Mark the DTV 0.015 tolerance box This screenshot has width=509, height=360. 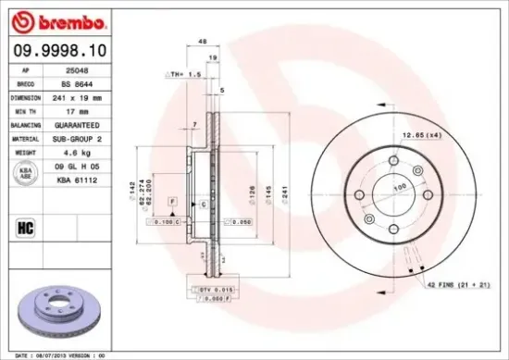[x=217, y=291]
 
